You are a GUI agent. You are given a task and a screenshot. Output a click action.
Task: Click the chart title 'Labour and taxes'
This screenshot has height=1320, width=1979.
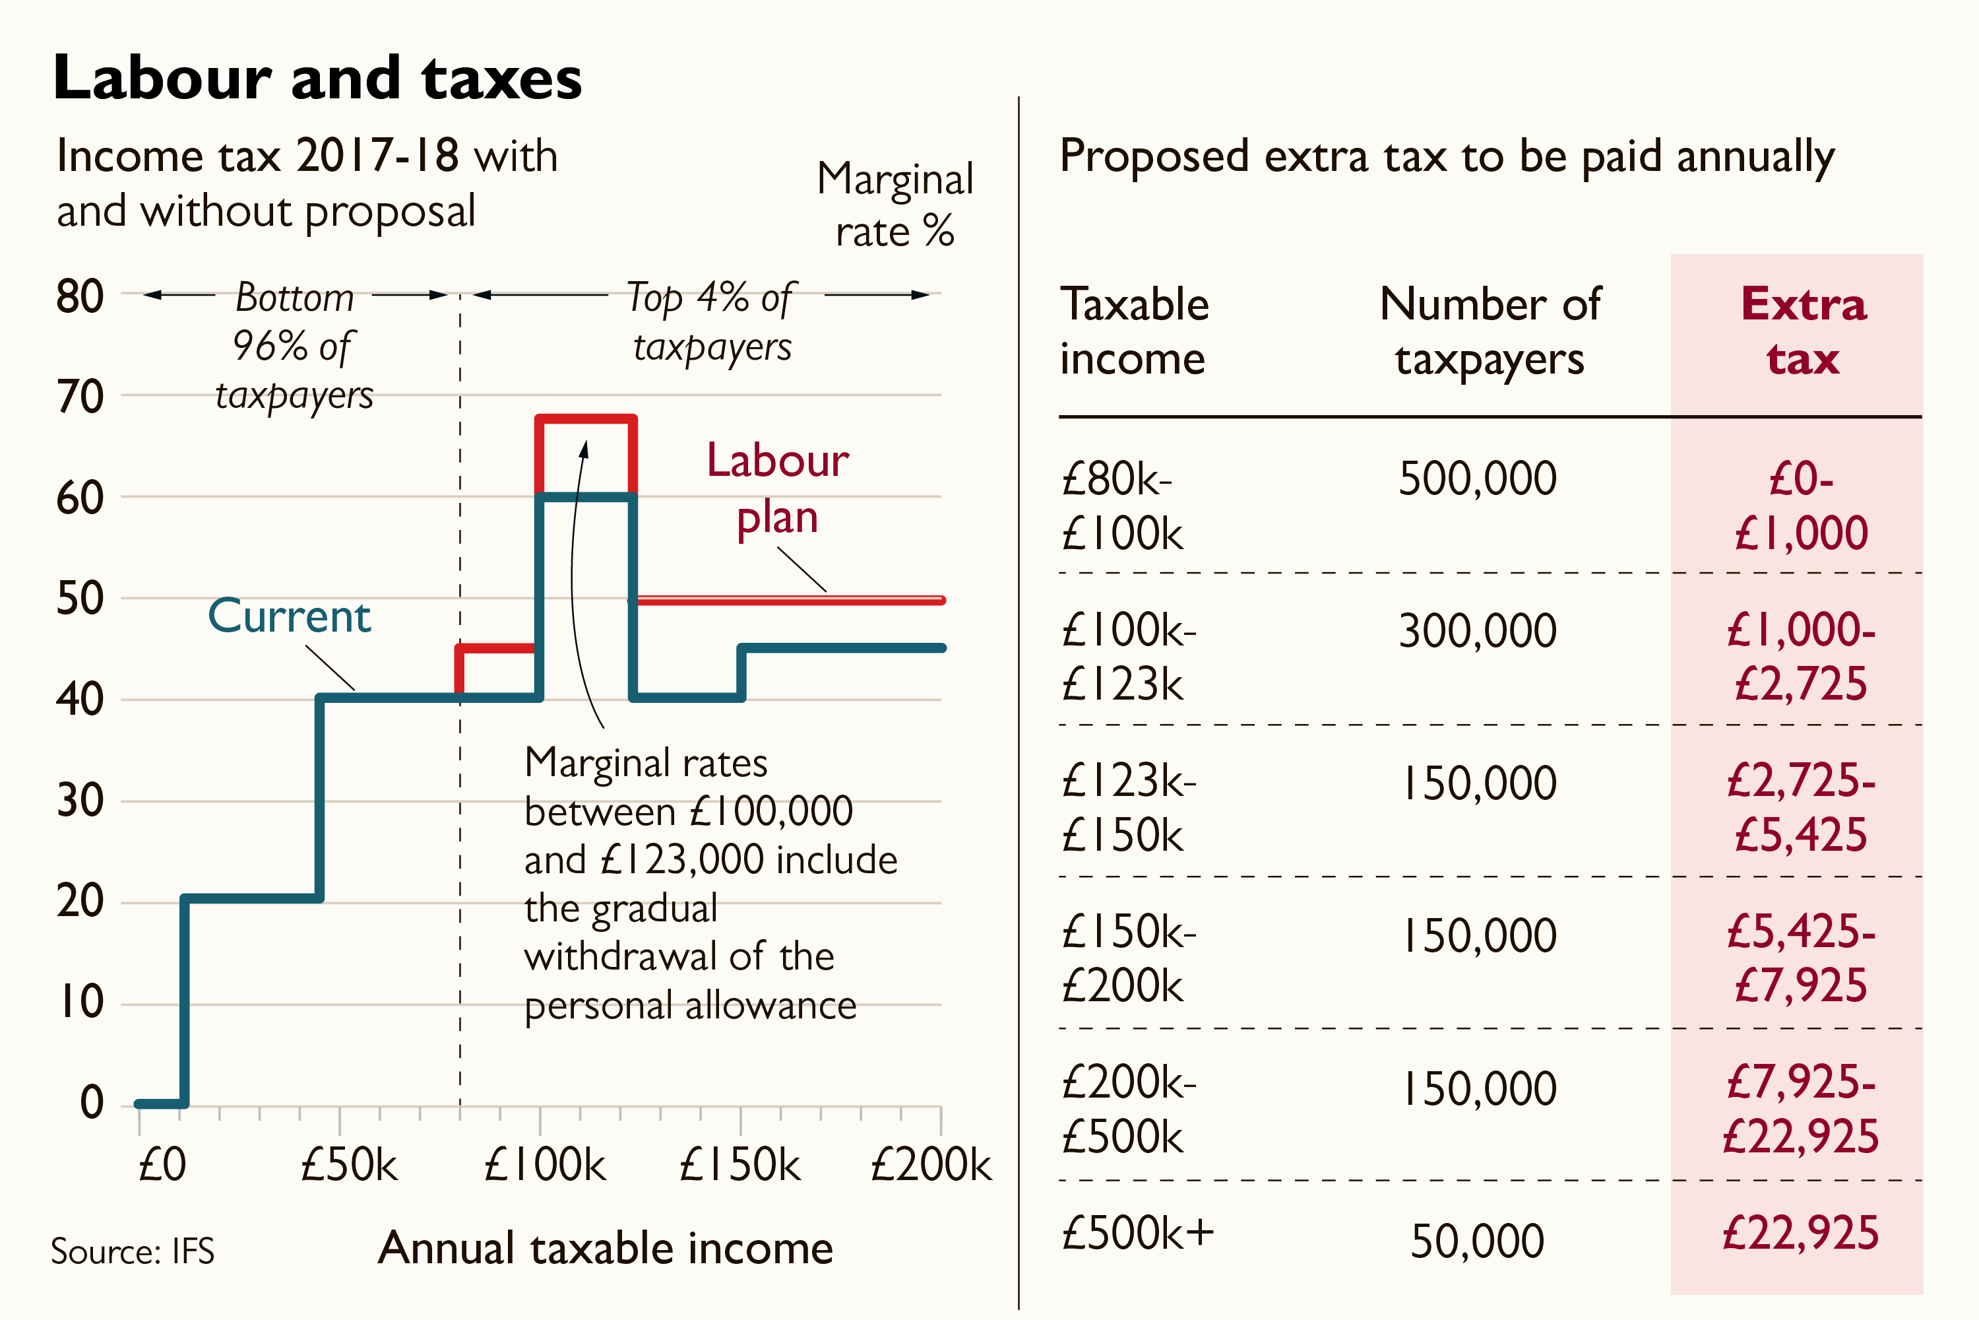(x=317, y=77)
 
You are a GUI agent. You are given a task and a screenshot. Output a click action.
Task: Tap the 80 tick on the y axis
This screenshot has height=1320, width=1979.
(x=80, y=296)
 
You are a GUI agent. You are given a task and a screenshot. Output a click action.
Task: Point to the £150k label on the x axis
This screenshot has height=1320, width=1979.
(x=739, y=1165)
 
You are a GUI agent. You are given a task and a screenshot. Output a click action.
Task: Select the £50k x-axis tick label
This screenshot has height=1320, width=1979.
(x=348, y=1165)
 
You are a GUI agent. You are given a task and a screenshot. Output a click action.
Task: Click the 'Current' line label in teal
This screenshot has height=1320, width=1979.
(x=289, y=616)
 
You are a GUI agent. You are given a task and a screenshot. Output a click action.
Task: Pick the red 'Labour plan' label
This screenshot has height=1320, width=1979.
(x=778, y=488)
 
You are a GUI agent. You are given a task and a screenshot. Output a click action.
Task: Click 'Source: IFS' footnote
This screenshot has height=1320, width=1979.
(x=132, y=1251)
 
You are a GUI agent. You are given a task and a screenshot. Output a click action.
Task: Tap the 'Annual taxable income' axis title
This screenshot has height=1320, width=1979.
(x=605, y=1247)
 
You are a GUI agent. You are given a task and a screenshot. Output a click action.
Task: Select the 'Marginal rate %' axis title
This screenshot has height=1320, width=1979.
(x=895, y=205)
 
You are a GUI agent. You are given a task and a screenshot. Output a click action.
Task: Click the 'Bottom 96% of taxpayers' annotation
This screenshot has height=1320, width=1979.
(x=294, y=346)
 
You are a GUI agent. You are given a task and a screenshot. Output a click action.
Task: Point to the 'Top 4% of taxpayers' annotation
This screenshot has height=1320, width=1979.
(x=712, y=321)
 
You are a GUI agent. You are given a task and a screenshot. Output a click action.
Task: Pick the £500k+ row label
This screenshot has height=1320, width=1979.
(x=1137, y=1234)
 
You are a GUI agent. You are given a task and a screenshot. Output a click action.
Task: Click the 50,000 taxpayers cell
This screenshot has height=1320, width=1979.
(x=1478, y=1241)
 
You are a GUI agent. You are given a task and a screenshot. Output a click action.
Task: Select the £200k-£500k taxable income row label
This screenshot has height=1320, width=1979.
(x=1127, y=1109)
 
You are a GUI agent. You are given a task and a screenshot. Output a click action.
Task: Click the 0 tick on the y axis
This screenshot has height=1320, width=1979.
(x=92, y=1102)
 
